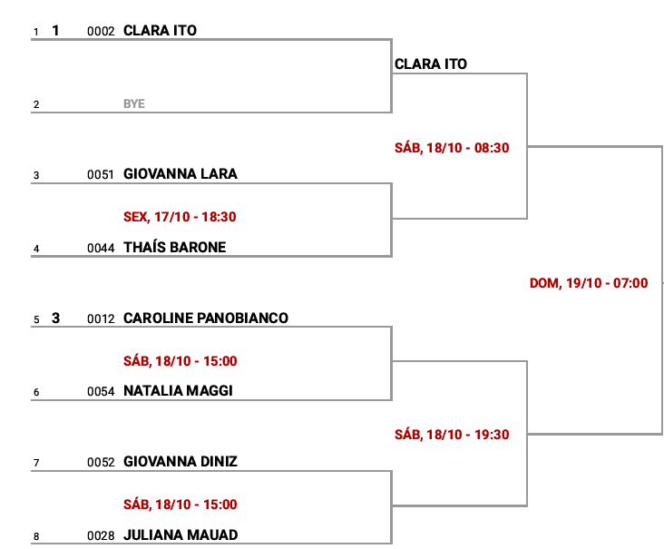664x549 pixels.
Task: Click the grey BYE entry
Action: [134, 104]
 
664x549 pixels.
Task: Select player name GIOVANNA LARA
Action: [180, 174]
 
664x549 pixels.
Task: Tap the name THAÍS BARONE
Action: [174, 248]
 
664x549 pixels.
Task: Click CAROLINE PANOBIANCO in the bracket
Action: [205, 319]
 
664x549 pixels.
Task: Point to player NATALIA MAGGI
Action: [178, 391]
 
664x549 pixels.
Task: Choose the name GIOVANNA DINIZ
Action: [180, 462]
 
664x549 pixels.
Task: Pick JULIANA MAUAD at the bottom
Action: [180, 535]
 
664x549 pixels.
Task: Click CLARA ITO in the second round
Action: [431, 64]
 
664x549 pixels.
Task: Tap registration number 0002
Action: [101, 32]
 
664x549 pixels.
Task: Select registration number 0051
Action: [101, 175]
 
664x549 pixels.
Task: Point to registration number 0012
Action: [101, 319]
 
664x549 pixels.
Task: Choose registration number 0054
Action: [101, 392]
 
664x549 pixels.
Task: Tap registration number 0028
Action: [101, 536]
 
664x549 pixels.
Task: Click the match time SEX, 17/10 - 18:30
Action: [180, 217]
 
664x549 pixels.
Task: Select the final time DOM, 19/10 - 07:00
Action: [589, 283]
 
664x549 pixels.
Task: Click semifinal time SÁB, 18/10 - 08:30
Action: [452, 148]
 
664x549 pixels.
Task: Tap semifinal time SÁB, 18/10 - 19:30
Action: [452, 435]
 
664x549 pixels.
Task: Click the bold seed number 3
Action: [55, 319]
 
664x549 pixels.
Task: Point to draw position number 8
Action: [36, 537]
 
